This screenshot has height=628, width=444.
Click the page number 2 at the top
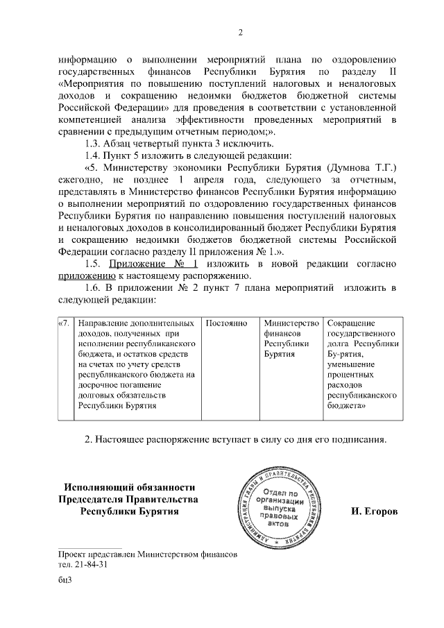tap(240, 33)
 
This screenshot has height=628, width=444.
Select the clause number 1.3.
tap(93, 142)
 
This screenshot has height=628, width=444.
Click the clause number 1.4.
tap(93, 155)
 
